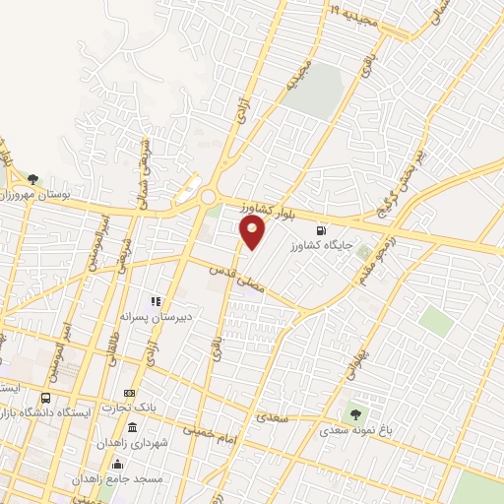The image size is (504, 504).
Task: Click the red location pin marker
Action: coord(253,232)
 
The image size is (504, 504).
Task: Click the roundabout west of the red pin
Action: coord(208,197)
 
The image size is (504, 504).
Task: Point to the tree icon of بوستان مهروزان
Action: coord(33,179)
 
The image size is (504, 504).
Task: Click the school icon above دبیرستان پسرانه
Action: coord(155,301)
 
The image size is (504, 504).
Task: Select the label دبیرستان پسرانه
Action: coord(148,317)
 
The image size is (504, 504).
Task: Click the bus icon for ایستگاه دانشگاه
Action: coord(46,398)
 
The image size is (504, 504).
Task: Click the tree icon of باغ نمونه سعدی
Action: coord(354,414)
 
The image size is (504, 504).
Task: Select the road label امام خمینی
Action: coord(209,430)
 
